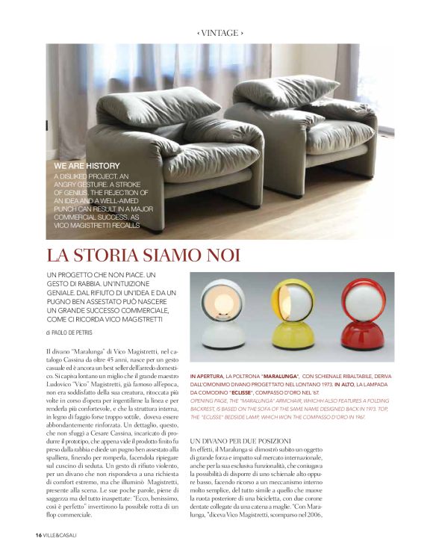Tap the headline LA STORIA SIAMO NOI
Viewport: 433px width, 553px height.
click(x=143, y=255)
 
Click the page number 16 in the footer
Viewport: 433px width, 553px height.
click(x=37, y=534)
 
